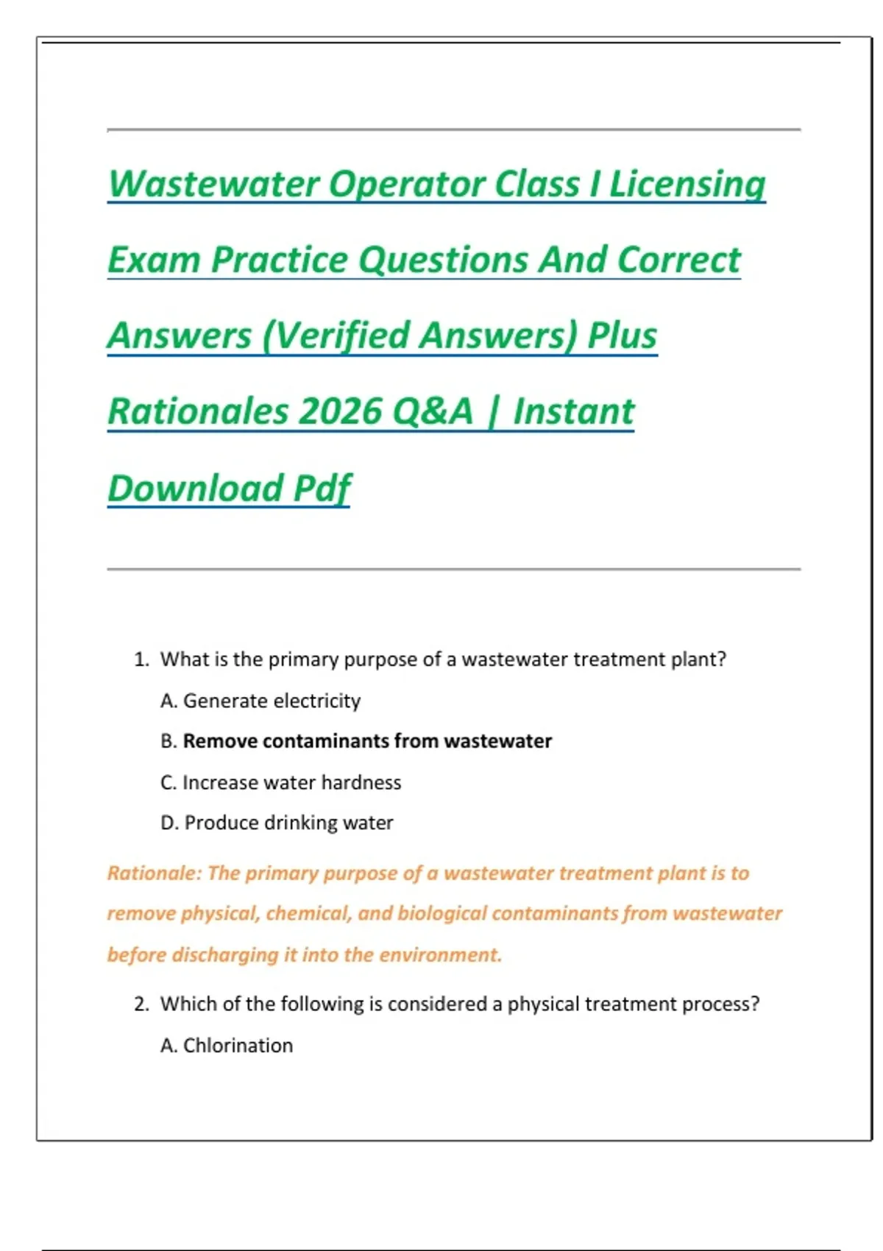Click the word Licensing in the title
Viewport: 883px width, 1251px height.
(x=687, y=184)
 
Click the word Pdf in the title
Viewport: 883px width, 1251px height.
(x=322, y=488)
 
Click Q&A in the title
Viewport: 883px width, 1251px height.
(x=433, y=411)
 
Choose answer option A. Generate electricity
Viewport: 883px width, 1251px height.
(x=260, y=701)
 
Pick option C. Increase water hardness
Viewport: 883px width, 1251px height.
(x=280, y=782)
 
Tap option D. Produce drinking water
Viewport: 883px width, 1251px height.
(x=277, y=823)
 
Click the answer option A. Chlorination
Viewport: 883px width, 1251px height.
(x=227, y=1046)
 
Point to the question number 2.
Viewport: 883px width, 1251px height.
(x=141, y=1004)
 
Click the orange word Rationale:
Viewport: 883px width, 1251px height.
(x=154, y=873)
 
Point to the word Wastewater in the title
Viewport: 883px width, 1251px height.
(x=213, y=184)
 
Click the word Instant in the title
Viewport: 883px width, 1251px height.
(x=573, y=411)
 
